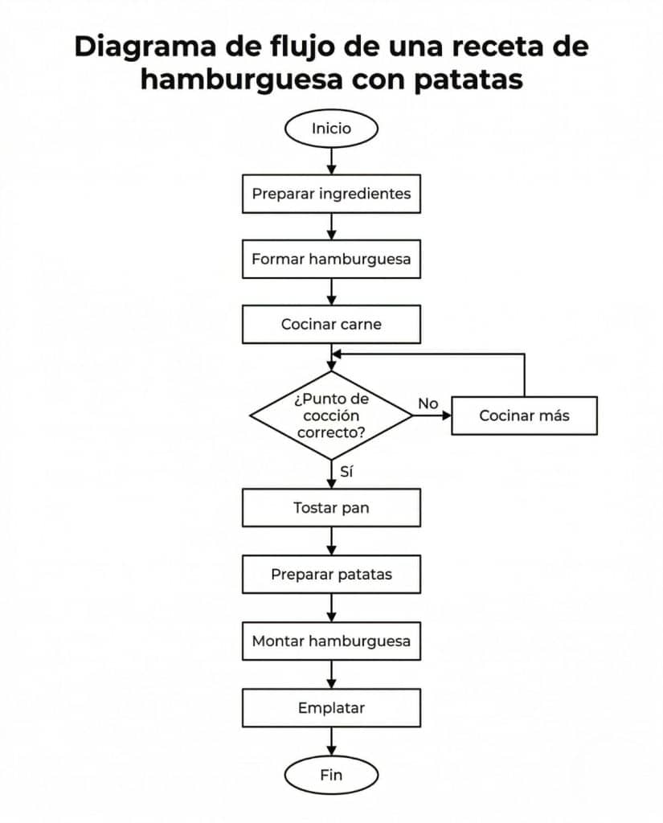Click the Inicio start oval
(331, 129)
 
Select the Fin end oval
(331, 775)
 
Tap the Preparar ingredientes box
(331, 194)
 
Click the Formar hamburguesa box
(331, 259)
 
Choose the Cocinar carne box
(331, 325)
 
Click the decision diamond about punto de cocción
(331, 416)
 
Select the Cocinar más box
(524, 416)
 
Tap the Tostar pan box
(331, 508)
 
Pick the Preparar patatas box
(331, 575)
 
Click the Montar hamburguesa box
(331, 641)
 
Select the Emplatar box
(331, 708)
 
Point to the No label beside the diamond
(428, 403)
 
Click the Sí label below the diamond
(347, 472)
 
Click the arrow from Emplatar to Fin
(331, 743)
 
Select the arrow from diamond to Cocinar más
(432, 416)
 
